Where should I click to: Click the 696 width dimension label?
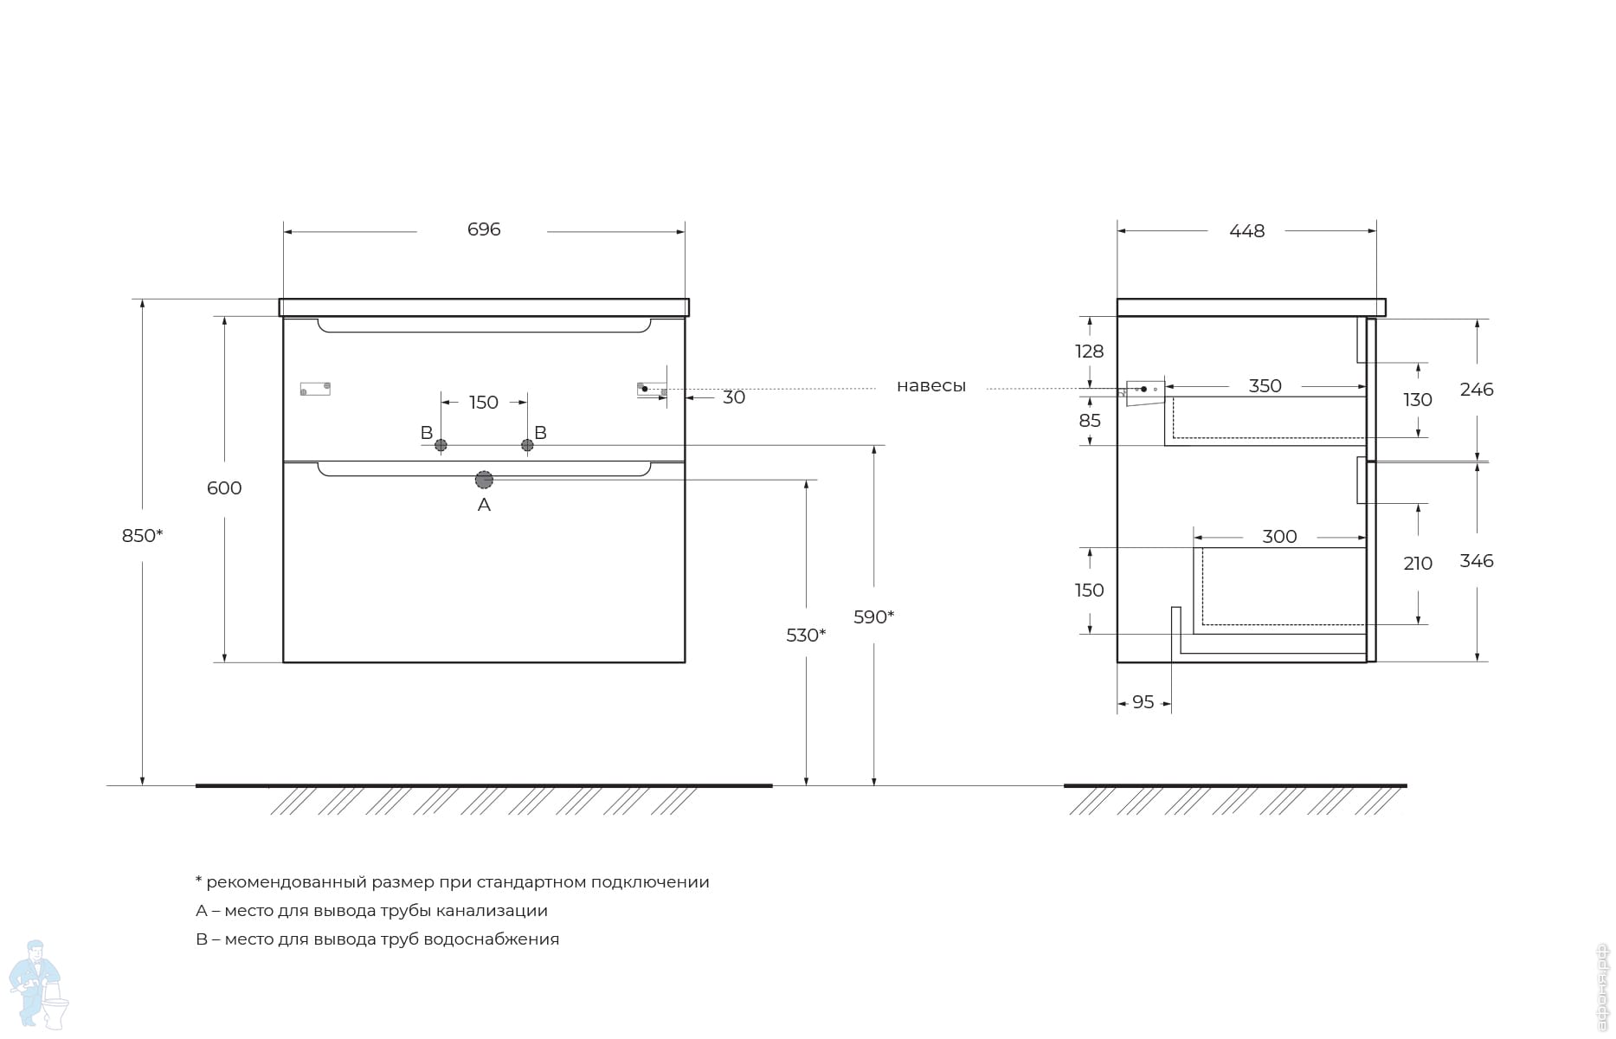coord(483,229)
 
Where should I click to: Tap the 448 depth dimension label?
coord(1246,231)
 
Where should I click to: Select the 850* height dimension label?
coord(142,536)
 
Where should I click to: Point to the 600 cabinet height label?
coord(224,488)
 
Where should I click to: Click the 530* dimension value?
coord(805,636)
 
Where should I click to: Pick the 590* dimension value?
coord(873,617)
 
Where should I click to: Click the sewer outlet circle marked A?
coord(484,480)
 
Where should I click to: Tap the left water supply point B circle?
coord(441,445)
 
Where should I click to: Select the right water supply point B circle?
coord(527,445)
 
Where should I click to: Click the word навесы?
coord(930,386)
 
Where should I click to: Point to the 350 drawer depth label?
coord(1265,386)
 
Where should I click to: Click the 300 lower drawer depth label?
coord(1279,537)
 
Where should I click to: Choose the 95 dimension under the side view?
coord(1143,702)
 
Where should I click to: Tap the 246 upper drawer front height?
coord(1476,390)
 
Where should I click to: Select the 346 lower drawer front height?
coord(1476,561)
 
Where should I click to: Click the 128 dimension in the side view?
coord(1089,352)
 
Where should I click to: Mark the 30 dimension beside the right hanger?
coord(733,397)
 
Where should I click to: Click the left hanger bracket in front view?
coord(315,389)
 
